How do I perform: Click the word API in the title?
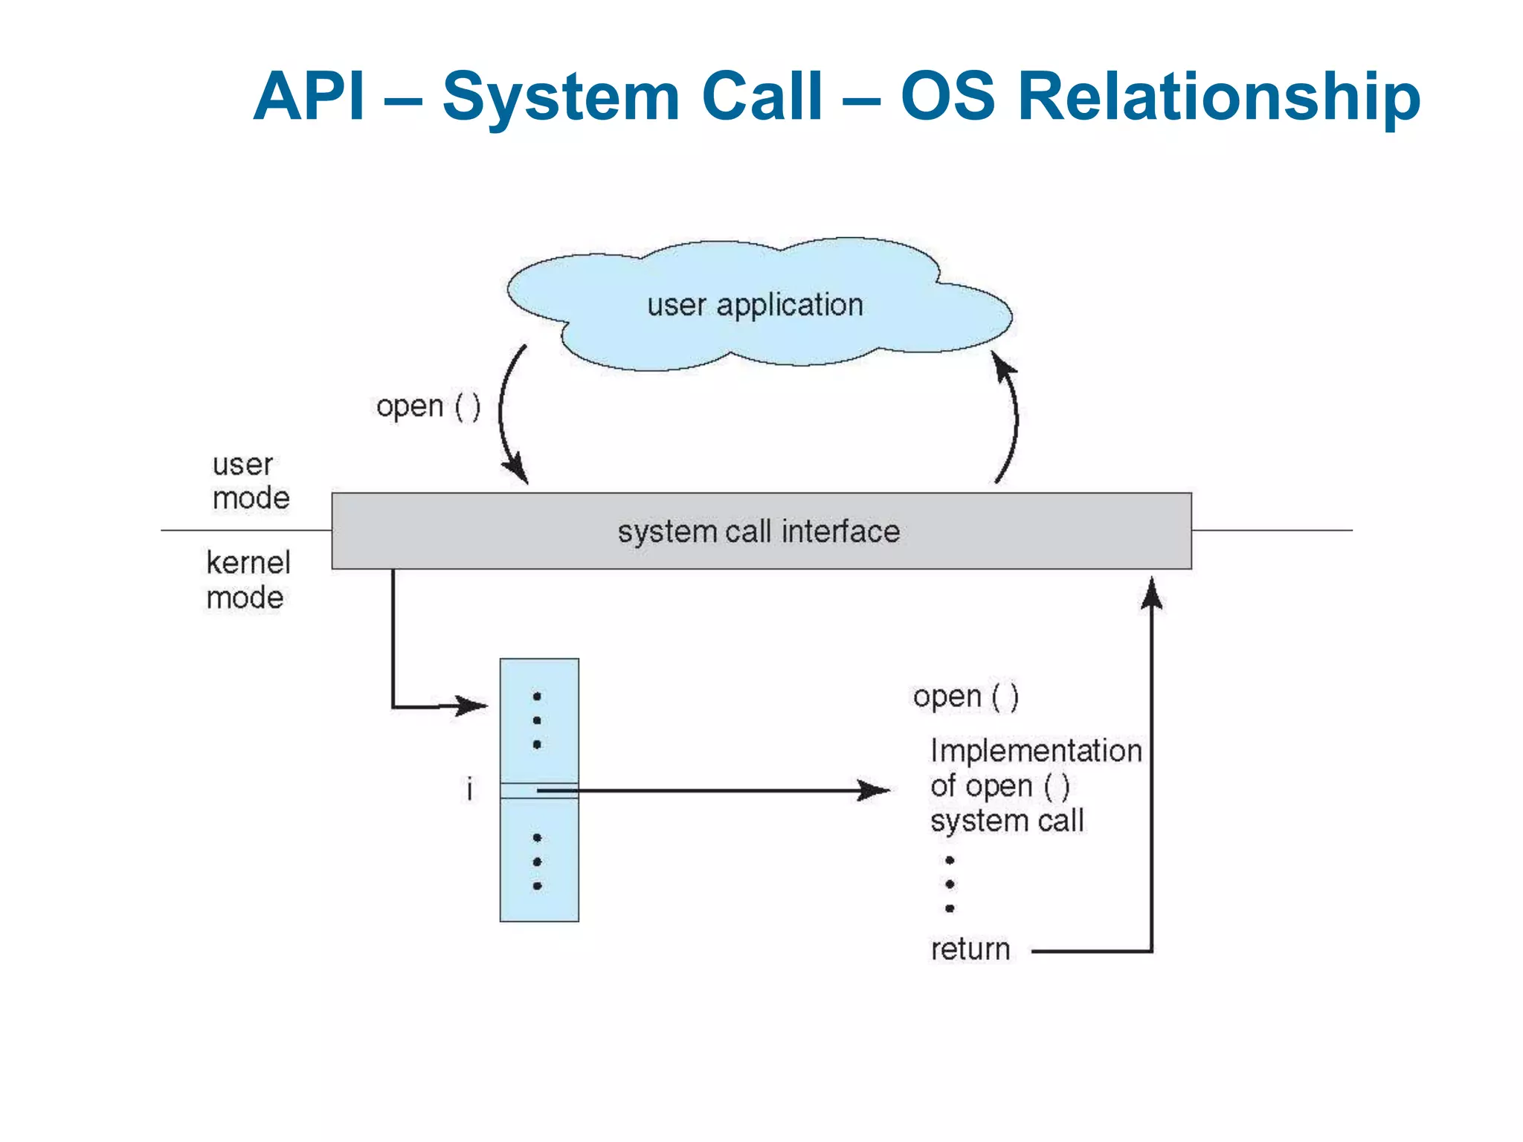[309, 97]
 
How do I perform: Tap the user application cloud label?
[755, 306]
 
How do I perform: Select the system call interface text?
[759, 532]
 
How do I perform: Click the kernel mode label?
[248, 580]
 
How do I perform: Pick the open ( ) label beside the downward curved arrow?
[428, 407]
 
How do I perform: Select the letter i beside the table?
[469, 790]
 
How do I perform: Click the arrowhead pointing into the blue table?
[472, 705]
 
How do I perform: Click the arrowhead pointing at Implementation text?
[874, 790]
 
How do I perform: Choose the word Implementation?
[1035, 751]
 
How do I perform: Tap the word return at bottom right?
[970, 949]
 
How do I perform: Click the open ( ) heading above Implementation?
[965, 697]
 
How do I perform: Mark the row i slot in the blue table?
[539, 790]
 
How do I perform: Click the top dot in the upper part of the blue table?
[537, 697]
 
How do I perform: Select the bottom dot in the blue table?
[537, 886]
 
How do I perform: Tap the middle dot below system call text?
[950, 885]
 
